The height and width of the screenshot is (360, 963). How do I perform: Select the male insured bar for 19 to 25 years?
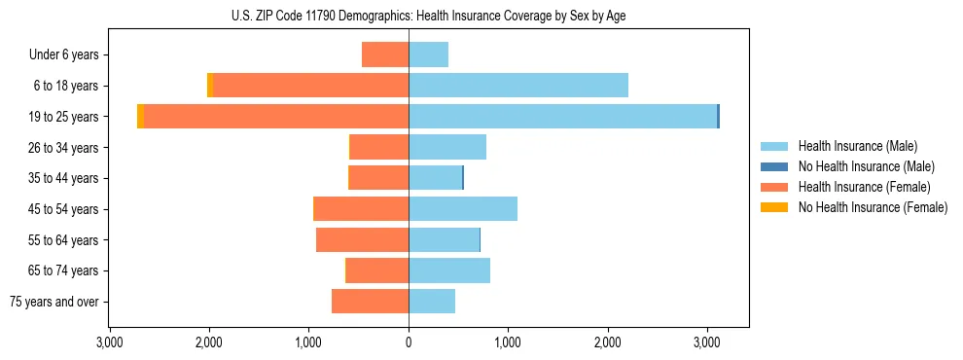point(562,117)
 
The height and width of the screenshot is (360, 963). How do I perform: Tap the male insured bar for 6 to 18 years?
point(518,86)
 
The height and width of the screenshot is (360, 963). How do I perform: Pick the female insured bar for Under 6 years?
point(385,54)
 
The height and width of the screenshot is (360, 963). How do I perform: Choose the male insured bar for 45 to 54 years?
point(463,209)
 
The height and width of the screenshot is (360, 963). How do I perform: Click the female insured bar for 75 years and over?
point(370,302)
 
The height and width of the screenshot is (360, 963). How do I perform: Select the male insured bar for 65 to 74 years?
point(449,270)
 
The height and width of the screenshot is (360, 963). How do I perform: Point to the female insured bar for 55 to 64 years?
point(362,240)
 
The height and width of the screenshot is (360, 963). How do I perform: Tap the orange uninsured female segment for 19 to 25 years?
point(141,117)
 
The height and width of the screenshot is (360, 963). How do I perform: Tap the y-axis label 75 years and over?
point(54,302)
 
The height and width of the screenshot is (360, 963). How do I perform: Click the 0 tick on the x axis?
point(409,342)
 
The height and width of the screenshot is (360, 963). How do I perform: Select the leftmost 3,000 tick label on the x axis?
point(110,342)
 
